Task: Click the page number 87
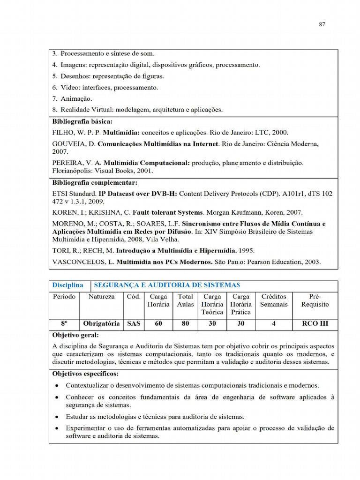pyautogui.click(x=322, y=25)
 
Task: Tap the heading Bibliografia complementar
pyautogui.click(x=95, y=183)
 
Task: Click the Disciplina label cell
pyautogui.click(x=67, y=285)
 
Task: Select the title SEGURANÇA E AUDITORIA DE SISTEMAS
pyautogui.click(x=167, y=285)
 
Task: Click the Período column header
pyautogui.click(x=64, y=297)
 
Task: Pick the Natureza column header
pyautogui.click(x=101, y=297)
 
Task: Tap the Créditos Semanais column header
pyautogui.click(x=274, y=300)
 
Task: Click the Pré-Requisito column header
pyautogui.click(x=315, y=300)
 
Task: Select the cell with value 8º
pyautogui.click(x=64, y=323)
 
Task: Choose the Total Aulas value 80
pyautogui.click(x=186, y=323)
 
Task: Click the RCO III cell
pyautogui.click(x=315, y=323)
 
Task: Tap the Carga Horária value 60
pyautogui.click(x=158, y=323)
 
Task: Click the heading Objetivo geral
pyautogui.click(x=75, y=336)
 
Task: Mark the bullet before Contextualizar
pyautogui.click(x=57, y=386)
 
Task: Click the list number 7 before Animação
pyautogui.click(x=54, y=99)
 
